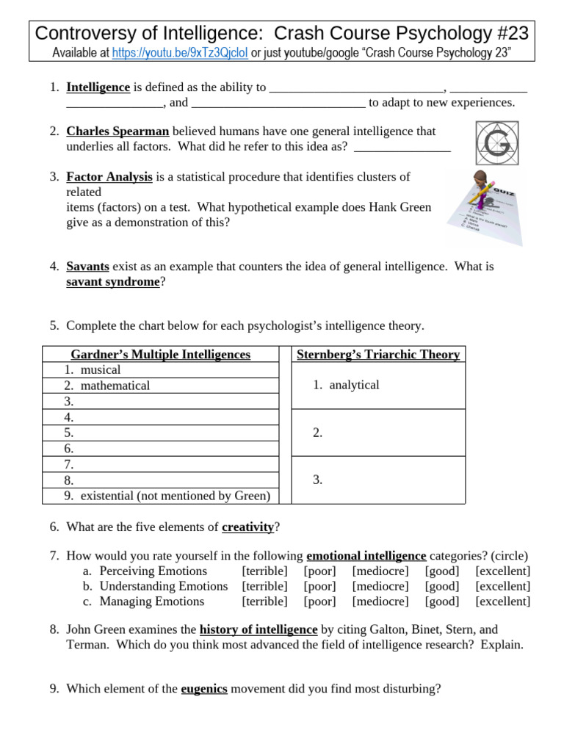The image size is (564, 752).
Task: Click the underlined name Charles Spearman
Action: tap(117, 131)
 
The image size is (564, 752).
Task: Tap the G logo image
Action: tap(493, 145)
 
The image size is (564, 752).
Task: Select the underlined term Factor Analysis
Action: tap(109, 177)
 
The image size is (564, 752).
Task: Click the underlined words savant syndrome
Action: tap(112, 282)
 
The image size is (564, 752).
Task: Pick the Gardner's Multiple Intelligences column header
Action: tap(160, 355)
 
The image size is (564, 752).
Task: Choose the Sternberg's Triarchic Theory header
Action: tap(378, 355)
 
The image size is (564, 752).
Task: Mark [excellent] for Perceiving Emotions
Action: tap(502, 571)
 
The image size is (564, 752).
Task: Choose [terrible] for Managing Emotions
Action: tap(264, 601)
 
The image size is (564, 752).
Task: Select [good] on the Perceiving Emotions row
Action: tap(442, 571)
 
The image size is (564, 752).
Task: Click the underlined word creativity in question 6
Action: tap(247, 527)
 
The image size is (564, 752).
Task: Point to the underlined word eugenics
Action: tap(204, 690)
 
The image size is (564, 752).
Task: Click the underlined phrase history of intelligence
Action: tap(258, 630)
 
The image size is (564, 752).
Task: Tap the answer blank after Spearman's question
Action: tap(402, 147)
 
